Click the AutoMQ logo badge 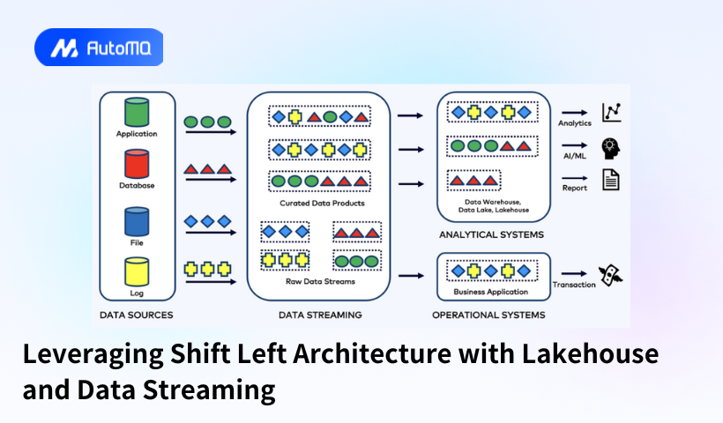click(99, 48)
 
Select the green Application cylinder click(137, 112)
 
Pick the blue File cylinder click(137, 220)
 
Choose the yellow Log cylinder click(137, 271)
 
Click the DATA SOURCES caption click(137, 315)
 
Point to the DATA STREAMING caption click(320, 315)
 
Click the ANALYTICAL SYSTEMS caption click(491, 235)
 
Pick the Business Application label click(491, 292)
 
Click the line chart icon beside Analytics click(611, 112)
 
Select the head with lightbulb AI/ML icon click(611, 147)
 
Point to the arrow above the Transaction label click(575, 274)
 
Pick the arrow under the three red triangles click(210, 180)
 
